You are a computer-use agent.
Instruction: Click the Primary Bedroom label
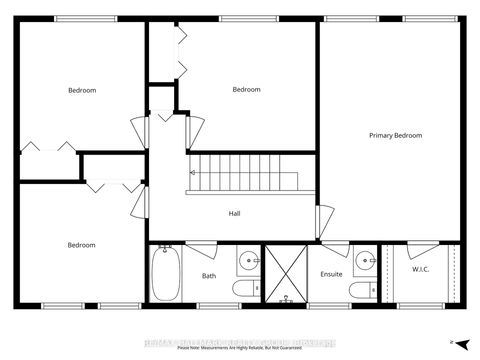click(395, 135)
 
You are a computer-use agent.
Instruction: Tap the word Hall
click(234, 213)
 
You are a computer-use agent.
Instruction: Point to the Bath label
click(209, 276)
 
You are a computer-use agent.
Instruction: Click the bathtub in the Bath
click(166, 274)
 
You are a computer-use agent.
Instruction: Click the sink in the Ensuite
click(364, 262)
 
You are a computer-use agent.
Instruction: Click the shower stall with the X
click(284, 272)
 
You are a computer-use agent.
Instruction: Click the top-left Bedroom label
click(82, 91)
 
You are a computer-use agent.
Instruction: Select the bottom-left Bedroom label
click(81, 245)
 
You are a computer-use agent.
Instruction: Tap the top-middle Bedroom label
click(246, 90)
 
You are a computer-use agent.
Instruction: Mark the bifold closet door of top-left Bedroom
click(48, 146)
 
